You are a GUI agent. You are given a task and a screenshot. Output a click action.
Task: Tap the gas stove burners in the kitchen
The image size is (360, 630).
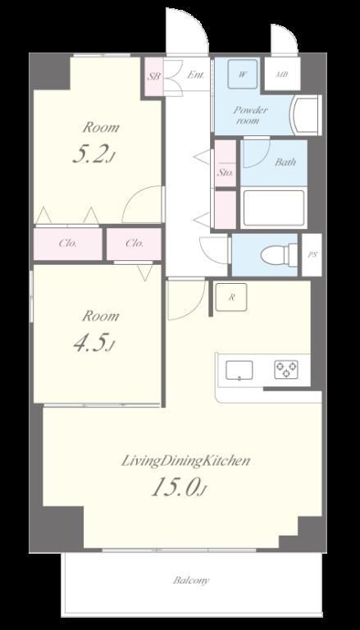pyautogui.click(x=286, y=369)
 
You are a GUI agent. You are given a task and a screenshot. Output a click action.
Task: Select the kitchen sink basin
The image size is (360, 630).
pyautogui.click(x=239, y=370)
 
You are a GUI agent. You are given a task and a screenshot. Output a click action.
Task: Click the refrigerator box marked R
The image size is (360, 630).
pyautogui.click(x=231, y=297)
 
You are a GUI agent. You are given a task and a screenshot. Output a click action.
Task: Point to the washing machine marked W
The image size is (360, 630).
pyautogui.click(x=242, y=74)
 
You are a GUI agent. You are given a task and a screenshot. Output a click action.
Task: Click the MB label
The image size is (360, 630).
pyautogui.click(x=282, y=75)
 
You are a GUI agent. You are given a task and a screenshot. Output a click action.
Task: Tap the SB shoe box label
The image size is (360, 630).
pyautogui.click(x=154, y=76)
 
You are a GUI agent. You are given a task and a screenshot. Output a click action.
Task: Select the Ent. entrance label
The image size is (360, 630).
pyautogui.click(x=197, y=75)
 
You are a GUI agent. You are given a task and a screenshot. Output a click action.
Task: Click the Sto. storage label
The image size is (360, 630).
pyautogui.click(x=226, y=173)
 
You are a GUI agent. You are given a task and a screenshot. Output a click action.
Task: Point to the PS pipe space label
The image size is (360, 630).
pyautogui.click(x=312, y=255)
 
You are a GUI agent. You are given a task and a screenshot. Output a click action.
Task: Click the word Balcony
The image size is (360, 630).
pyautogui.click(x=191, y=580)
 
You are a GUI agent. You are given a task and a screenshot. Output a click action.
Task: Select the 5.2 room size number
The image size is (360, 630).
pyautogui.click(x=93, y=156)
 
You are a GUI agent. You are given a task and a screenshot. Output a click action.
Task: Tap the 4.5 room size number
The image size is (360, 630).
pyautogui.click(x=93, y=343)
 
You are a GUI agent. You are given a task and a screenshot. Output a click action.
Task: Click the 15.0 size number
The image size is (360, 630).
pyautogui.click(x=179, y=487)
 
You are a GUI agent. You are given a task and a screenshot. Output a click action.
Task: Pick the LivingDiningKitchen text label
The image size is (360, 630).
pyautogui.click(x=186, y=461)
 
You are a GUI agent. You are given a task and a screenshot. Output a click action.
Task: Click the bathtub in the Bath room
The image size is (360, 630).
pyautogui.click(x=274, y=208)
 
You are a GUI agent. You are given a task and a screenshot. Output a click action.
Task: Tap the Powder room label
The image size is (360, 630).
pyautogui.click(x=251, y=115)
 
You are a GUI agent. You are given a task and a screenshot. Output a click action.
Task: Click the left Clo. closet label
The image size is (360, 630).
pyautogui.click(x=68, y=244)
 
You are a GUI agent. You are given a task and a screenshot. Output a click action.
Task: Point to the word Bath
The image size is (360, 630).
pyautogui.click(x=285, y=162)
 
